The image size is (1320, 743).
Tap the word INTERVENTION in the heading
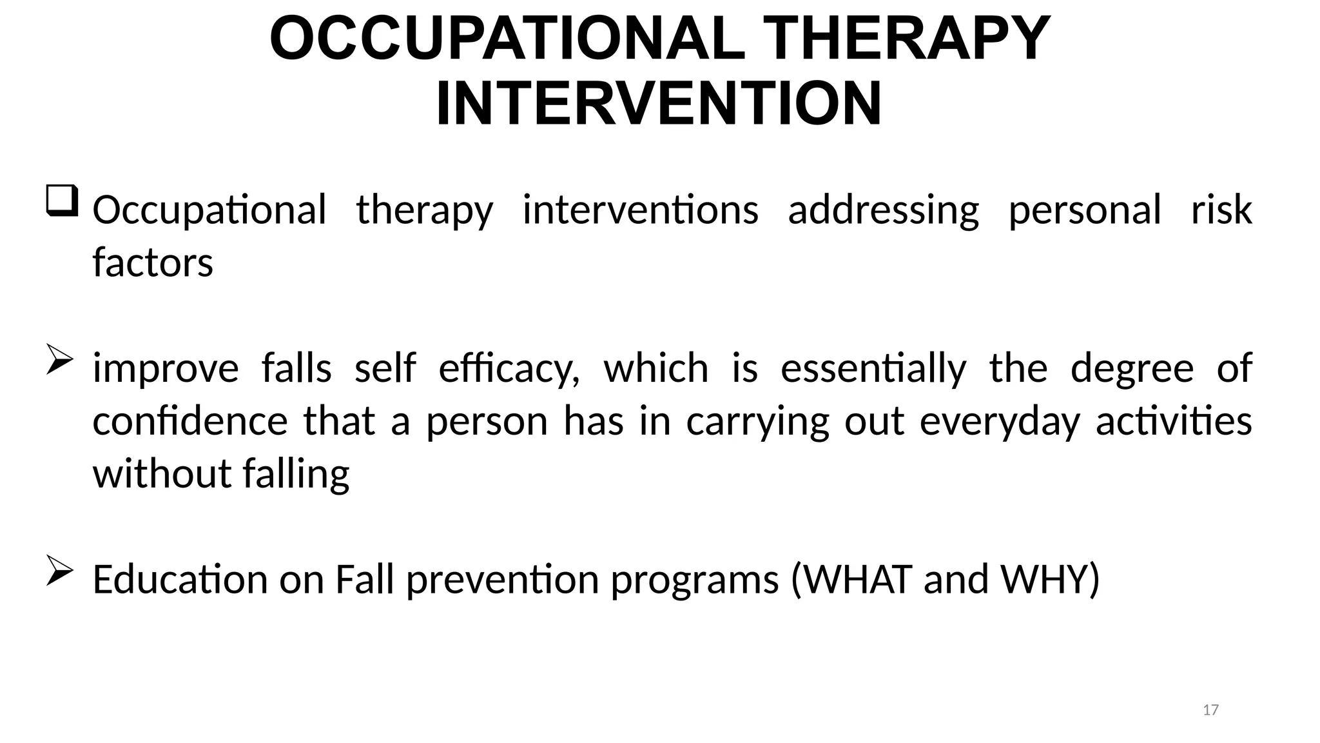(659, 104)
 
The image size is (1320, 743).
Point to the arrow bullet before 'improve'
(59, 361)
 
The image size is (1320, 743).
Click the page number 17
(1210, 710)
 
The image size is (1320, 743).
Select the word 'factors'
(153, 263)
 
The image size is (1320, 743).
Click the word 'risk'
(1221, 210)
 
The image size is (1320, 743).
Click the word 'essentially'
(873, 369)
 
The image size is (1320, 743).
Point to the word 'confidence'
(190, 422)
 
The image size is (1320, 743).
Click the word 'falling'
(296, 475)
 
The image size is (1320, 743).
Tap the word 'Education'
(180, 579)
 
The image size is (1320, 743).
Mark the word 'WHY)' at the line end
(1050, 579)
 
